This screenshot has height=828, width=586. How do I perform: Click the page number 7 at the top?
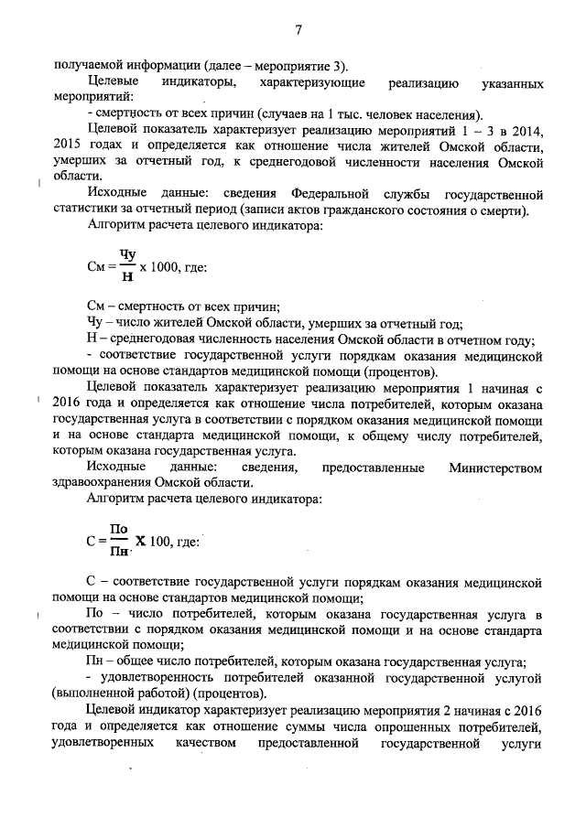(x=298, y=31)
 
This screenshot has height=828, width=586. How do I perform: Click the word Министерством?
(x=495, y=468)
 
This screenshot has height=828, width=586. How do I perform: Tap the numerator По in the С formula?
(x=118, y=529)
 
